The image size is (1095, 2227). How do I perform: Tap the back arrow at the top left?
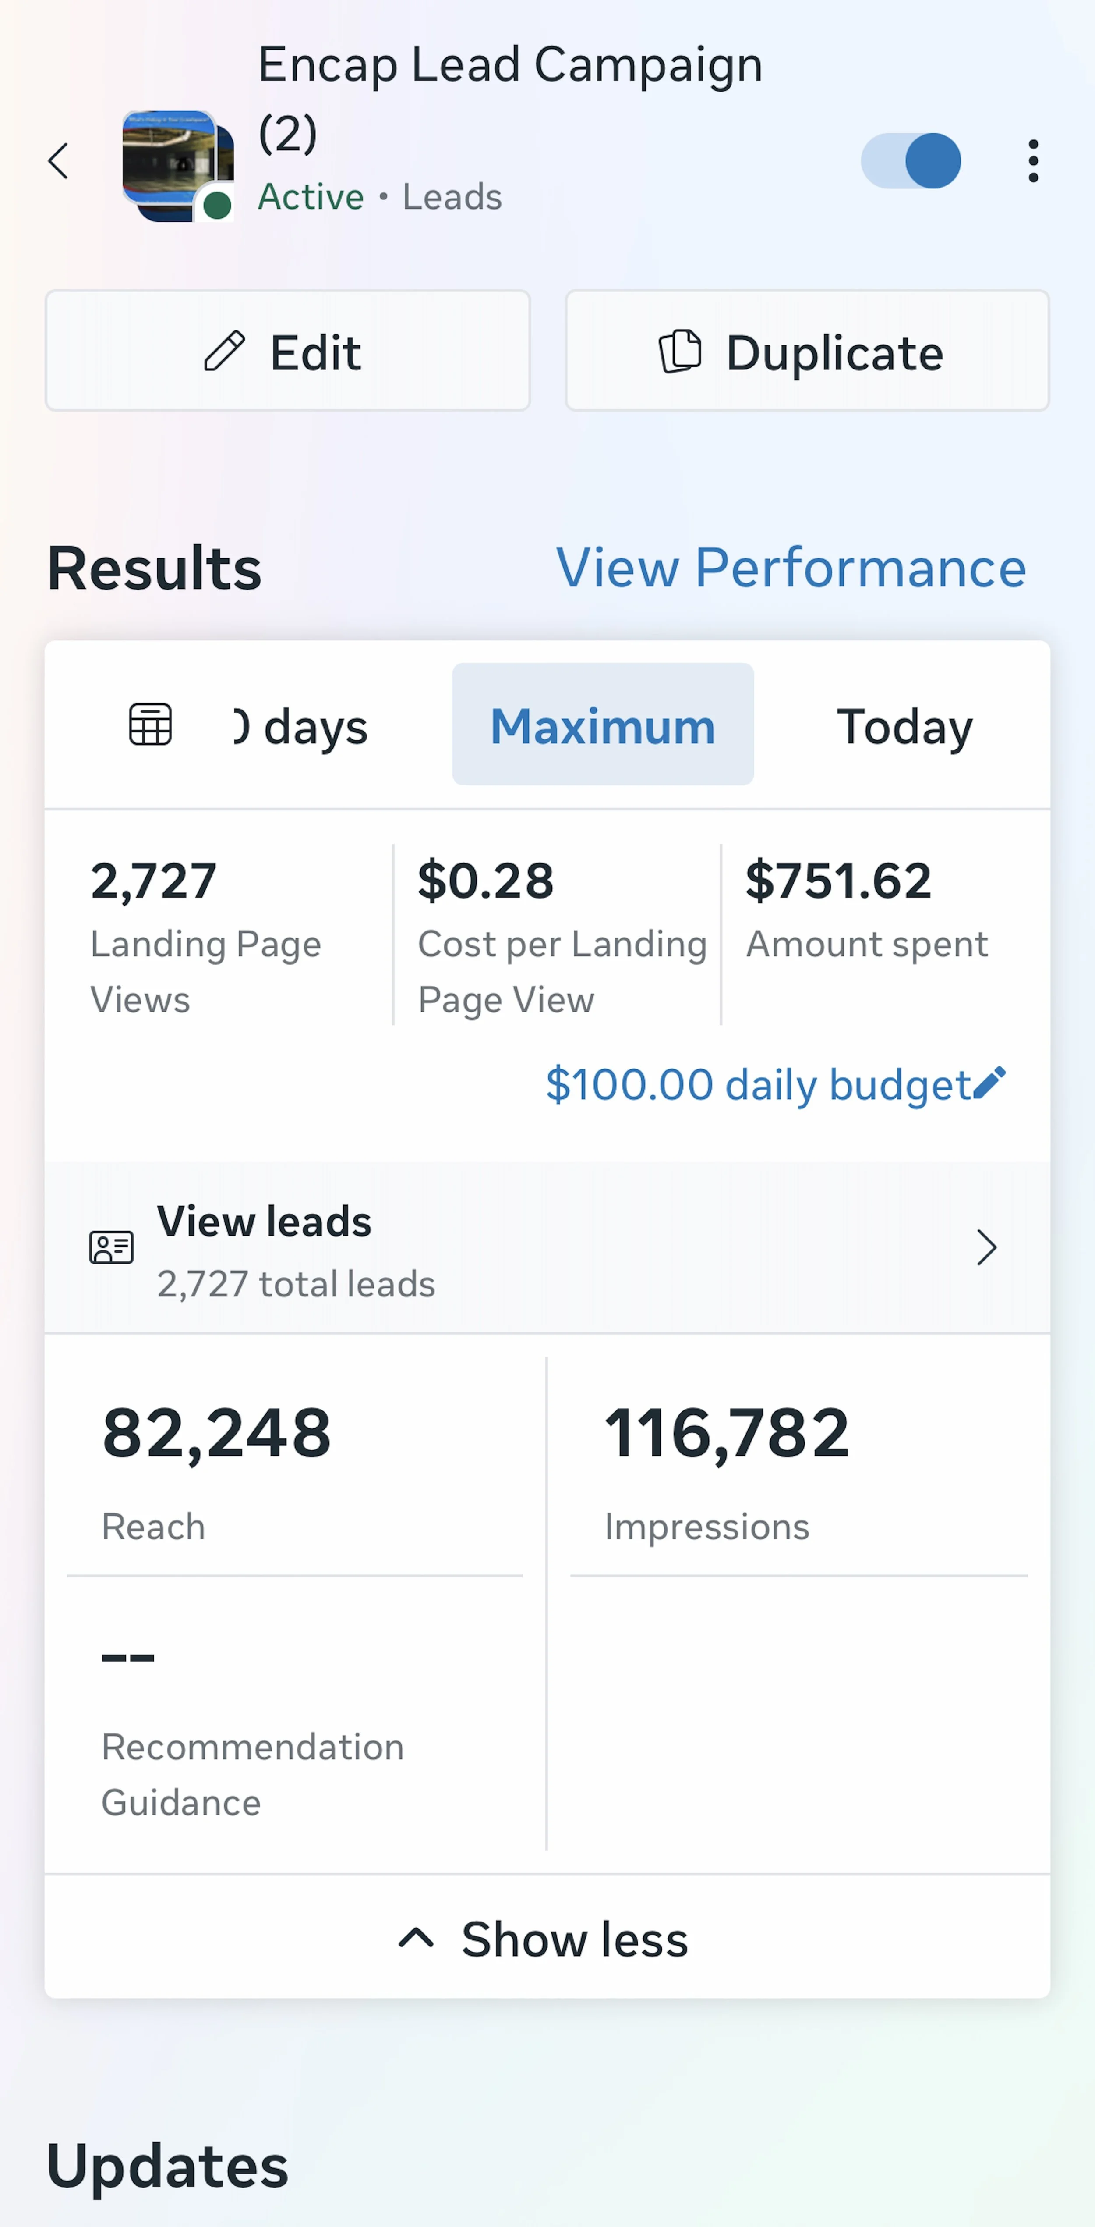coord(59,161)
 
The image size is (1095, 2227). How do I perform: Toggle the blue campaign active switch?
coord(911,161)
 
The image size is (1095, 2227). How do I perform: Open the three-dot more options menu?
coord(1033,161)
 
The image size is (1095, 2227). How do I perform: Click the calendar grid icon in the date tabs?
coord(150,725)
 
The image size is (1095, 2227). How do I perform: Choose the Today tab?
coord(904,726)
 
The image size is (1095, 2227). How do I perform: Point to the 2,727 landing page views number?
coord(154,881)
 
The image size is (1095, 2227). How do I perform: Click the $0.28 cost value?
coord(485,881)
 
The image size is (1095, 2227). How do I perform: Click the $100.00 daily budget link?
coord(758,1085)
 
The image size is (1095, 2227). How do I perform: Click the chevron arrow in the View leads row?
coord(986,1247)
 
